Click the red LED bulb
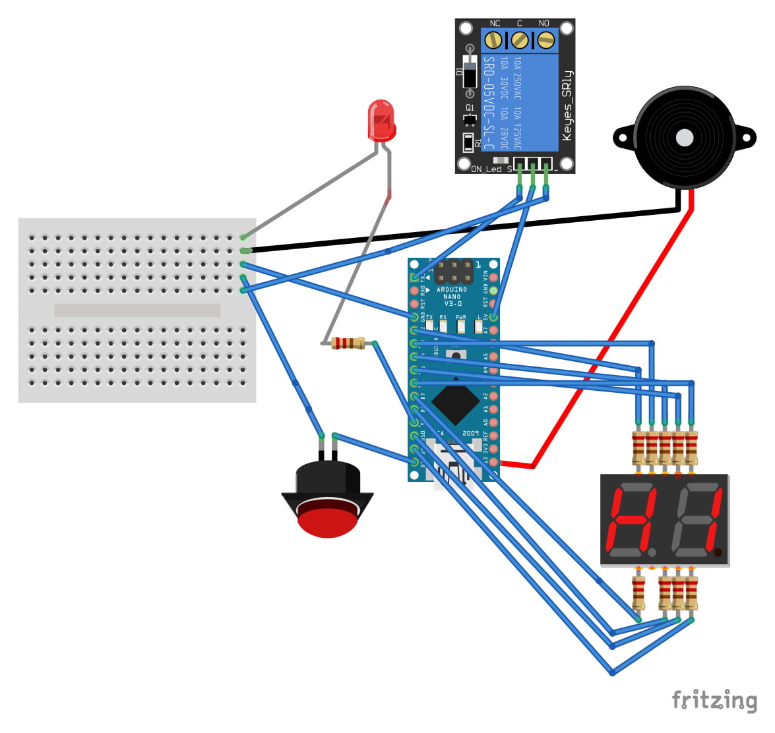tap(381, 120)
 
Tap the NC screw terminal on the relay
tap(493, 41)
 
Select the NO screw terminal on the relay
tap(545, 41)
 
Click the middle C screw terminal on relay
tap(519, 41)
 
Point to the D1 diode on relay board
tap(469, 71)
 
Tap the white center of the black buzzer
tap(685, 138)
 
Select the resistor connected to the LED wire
tap(348, 343)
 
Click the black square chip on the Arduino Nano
tap(454, 403)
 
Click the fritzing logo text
tap(714, 700)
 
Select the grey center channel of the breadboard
tap(137, 310)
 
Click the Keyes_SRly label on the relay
tap(567, 105)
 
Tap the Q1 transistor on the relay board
tap(470, 119)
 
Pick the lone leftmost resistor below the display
tap(638, 593)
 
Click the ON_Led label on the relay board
tap(487, 169)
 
